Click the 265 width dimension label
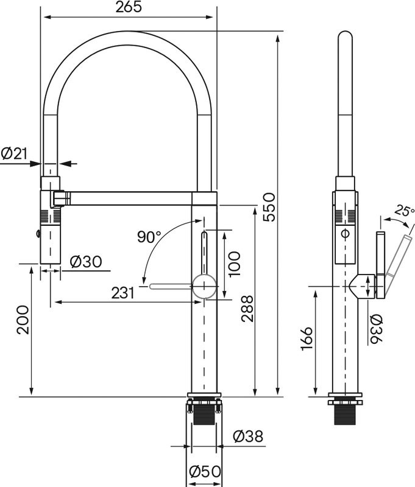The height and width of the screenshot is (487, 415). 128,7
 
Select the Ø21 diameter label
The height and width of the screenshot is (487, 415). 15,154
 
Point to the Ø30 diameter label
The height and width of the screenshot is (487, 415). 86,262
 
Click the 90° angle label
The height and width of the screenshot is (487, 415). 149,237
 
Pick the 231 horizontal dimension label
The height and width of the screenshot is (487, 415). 123,293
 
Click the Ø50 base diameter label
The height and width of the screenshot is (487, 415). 204,471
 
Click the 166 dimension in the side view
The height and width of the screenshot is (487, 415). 306,342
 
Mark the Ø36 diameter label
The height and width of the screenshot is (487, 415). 375,329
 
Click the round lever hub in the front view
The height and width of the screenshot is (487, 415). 204,284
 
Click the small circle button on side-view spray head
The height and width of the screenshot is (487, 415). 345,233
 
